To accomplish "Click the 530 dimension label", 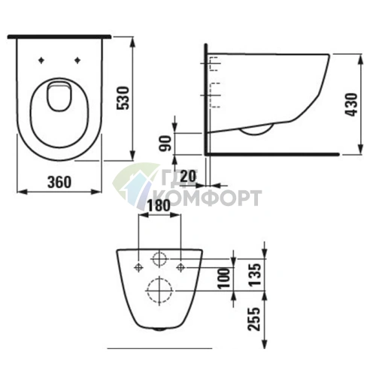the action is [x=123, y=98].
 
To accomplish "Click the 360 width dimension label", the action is [x=59, y=182].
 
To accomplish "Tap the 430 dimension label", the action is [x=351, y=105].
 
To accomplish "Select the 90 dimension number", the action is [x=165, y=144].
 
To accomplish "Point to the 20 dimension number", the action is [x=188, y=177].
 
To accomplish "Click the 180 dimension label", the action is [x=159, y=206].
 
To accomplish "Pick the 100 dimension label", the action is [x=224, y=278].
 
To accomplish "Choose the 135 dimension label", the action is [x=256, y=274].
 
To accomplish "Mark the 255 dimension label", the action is [x=253, y=319].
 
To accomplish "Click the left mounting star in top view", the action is [x=41, y=60].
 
